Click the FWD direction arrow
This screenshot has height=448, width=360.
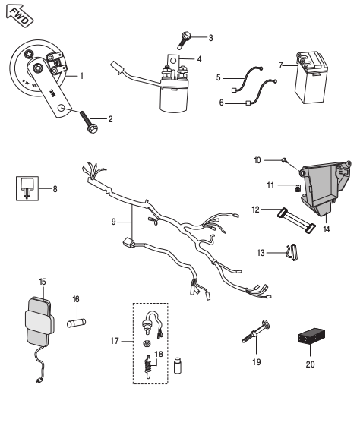coord(20,16)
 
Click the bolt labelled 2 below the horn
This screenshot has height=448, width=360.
coord(89,122)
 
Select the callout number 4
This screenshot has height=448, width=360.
coord(199,59)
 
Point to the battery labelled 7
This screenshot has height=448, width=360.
coord(311,77)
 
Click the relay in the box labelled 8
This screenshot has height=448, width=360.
coord(27,188)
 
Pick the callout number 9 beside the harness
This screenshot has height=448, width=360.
coord(113,222)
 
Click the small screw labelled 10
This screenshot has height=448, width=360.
coord(285,160)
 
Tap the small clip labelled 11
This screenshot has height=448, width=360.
coord(297,188)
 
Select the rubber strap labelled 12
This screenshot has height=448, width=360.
coord(296,220)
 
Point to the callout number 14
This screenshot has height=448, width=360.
coord(327,229)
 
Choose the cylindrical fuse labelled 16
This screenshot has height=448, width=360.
coord(77,323)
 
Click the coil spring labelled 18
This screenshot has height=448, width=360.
coord(147,367)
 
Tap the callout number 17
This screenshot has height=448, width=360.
coord(115,341)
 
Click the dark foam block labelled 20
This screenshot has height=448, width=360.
coord(311,336)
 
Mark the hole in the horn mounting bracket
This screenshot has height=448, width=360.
coord(62,109)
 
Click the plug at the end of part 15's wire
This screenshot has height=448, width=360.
coord(39,380)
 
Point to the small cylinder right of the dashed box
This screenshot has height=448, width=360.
coord(178,365)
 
